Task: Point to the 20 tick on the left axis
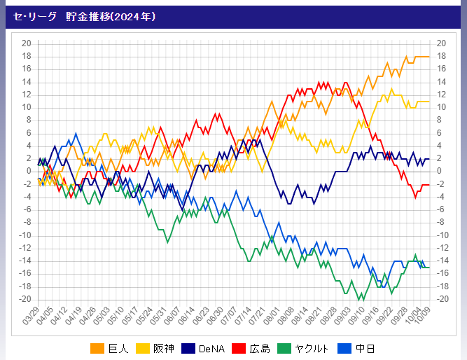[27, 43]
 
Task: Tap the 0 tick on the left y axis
[29, 171]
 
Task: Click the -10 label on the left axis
[25, 235]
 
